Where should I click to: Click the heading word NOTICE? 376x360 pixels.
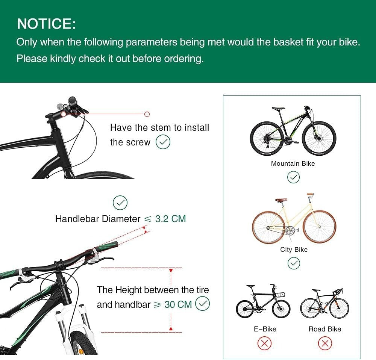pos(46,24)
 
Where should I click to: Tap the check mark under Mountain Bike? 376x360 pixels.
pos(293,177)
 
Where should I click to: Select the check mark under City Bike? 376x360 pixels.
pos(293,263)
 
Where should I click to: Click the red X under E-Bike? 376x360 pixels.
pos(265,343)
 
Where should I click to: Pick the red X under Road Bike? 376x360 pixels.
pos(325,343)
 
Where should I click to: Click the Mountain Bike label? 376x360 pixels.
pos(293,163)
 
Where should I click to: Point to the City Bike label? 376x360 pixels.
pos(294,250)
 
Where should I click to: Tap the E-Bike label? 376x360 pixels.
pos(265,329)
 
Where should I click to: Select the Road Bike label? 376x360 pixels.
pos(325,329)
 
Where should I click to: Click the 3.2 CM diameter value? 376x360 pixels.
pos(170,219)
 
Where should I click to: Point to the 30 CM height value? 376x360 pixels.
pos(178,304)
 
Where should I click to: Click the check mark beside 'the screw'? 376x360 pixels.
pos(163,142)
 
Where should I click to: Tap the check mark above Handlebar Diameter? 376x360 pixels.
pos(120,203)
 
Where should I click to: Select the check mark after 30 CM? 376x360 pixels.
pos(203,304)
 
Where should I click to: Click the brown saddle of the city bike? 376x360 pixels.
pos(280,200)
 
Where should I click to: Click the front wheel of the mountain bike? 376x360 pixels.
pos(319,138)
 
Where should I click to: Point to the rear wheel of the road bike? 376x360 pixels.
pos(310,309)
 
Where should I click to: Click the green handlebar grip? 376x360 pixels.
pos(106,247)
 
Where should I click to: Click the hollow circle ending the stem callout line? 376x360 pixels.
pos(147,114)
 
